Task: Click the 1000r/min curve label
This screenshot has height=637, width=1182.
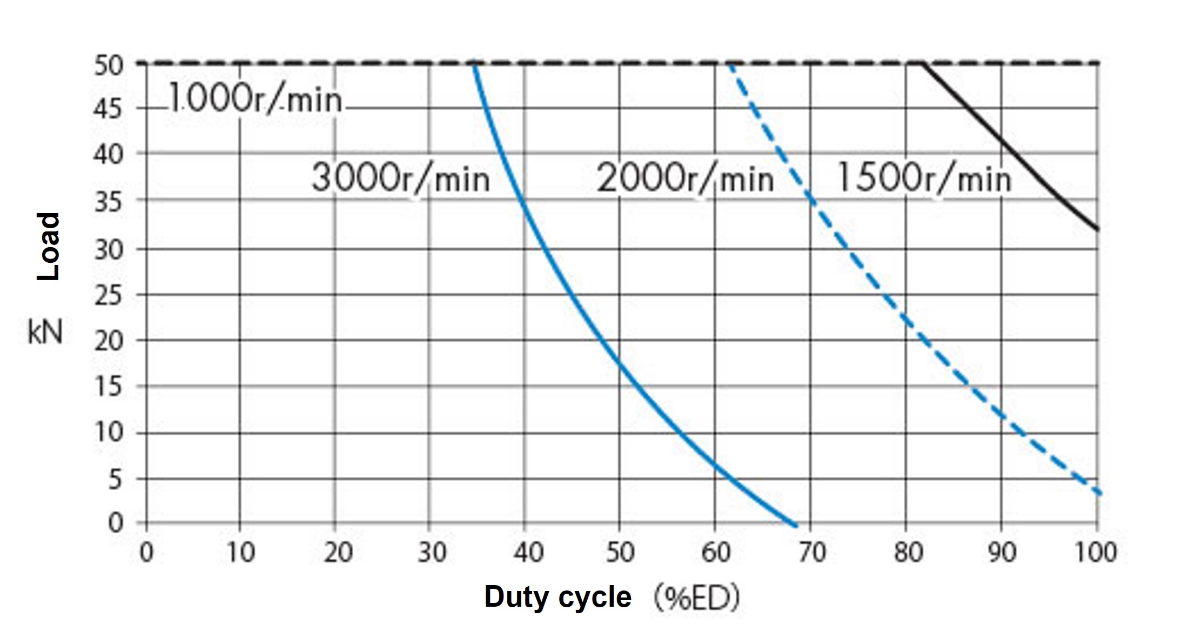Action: click(x=255, y=99)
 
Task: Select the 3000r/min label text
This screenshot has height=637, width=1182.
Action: click(x=400, y=178)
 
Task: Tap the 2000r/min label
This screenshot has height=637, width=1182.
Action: click(x=685, y=178)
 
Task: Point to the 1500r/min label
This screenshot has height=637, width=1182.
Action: click(x=924, y=178)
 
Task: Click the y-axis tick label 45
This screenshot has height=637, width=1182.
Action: click(x=109, y=110)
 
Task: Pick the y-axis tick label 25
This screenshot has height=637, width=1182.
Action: click(x=109, y=295)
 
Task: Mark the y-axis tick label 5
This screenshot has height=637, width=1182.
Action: click(x=115, y=479)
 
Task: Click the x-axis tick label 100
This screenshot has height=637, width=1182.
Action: click(x=1096, y=553)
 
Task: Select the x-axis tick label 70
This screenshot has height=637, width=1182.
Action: click(x=811, y=553)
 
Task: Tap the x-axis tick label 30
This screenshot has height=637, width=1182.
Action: click(x=432, y=553)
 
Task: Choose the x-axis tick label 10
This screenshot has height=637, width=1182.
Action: click(x=240, y=553)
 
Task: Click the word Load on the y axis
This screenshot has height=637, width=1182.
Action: click(x=48, y=247)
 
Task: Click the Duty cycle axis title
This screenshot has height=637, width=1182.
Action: click(x=558, y=597)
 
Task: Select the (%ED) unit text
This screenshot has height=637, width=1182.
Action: click(x=696, y=598)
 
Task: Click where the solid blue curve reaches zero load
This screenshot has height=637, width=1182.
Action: click(x=795, y=525)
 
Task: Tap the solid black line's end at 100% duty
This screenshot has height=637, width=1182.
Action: click(x=1097, y=230)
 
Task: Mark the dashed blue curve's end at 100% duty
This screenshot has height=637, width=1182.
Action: click(x=1098, y=493)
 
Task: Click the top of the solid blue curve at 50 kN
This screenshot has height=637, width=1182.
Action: click(x=474, y=65)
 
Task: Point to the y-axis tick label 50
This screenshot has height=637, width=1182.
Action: click(x=109, y=65)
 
